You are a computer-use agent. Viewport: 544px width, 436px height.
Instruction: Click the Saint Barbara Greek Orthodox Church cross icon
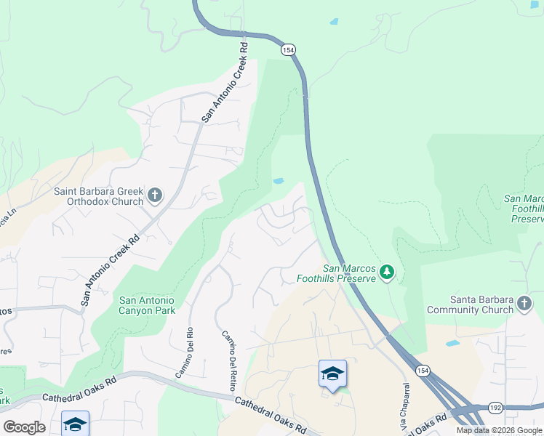pos(154,195)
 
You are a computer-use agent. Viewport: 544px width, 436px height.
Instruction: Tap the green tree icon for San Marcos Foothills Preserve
pos(388,272)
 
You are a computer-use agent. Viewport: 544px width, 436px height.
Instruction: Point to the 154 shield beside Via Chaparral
pos(423,371)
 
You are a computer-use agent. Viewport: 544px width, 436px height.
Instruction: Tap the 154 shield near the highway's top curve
pos(289,49)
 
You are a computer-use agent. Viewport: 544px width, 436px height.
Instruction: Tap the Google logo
pos(24,427)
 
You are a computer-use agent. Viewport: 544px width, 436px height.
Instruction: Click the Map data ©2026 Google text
pos(499,430)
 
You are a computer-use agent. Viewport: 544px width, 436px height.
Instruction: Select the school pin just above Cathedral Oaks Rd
pos(332,375)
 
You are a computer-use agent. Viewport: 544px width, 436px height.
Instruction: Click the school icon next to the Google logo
pos(75,424)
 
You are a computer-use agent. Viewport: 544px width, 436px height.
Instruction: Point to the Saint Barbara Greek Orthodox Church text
pos(98,196)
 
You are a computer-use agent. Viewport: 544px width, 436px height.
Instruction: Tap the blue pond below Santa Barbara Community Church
pos(453,343)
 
